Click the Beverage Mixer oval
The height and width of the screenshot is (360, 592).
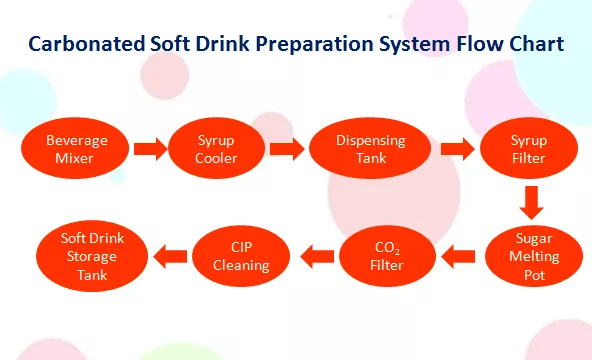tap(75, 148)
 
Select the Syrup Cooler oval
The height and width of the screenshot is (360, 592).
tap(216, 148)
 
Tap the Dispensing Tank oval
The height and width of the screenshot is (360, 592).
tap(370, 148)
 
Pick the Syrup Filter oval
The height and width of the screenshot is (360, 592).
tap(529, 148)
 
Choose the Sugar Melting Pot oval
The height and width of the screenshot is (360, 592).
tap(534, 256)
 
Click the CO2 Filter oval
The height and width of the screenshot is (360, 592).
tap(387, 256)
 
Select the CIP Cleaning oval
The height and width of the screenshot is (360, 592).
tap(241, 256)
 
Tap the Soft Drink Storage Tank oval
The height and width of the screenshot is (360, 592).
tap(92, 256)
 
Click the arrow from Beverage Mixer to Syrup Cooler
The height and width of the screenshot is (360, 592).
tap(150, 149)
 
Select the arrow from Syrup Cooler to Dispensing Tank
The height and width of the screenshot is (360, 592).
tap(287, 149)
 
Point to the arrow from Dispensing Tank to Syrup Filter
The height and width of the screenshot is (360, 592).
tap(458, 149)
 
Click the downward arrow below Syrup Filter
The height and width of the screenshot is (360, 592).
tap(532, 203)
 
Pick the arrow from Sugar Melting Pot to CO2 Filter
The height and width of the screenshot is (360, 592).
tap(458, 257)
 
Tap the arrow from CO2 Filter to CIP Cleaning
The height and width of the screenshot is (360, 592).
tap(317, 257)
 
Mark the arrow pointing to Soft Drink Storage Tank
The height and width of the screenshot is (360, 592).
tap(170, 257)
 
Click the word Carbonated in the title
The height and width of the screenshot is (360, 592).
tap(87, 43)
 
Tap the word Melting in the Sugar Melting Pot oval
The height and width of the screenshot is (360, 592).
tap(534, 257)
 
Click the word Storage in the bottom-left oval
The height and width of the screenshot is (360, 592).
tap(92, 257)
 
